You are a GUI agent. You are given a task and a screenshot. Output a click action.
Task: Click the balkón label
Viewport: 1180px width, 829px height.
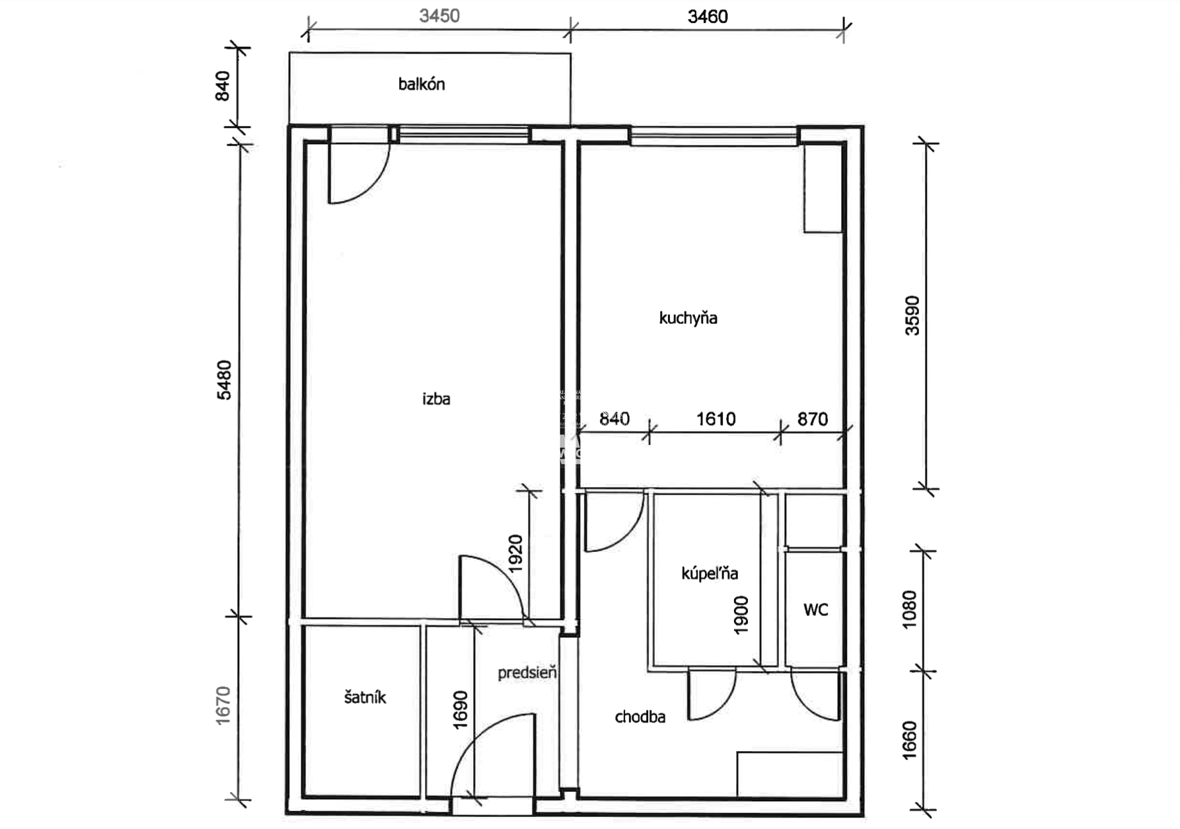[x=422, y=85]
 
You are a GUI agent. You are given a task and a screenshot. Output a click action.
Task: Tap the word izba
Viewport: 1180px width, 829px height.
[x=436, y=399]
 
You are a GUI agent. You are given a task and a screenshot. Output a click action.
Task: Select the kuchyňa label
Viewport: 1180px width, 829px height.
[x=688, y=318]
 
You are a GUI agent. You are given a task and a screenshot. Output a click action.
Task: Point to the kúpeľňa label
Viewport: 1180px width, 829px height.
[x=710, y=573]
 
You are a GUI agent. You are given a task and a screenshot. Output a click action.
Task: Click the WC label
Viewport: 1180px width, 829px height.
[x=815, y=610]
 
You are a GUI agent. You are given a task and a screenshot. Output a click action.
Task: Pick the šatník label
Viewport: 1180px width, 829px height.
[x=365, y=697]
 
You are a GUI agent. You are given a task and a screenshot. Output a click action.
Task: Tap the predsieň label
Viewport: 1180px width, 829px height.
[x=527, y=672]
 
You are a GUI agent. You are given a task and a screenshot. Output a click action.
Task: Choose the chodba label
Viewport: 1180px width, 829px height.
[x=640, y=717]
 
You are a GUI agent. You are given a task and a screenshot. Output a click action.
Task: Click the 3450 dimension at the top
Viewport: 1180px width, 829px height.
[x=439, y=16]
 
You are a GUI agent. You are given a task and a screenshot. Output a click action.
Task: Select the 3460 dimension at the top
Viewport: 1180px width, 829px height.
[x=708, y=17]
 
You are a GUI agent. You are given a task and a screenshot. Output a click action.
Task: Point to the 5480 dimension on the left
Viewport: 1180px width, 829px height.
[x=225, y=380]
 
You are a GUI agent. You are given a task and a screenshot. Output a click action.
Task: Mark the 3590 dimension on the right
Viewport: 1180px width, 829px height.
[x=912, y=316]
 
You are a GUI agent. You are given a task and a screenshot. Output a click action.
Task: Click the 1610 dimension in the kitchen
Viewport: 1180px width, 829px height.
[x=716, y=419]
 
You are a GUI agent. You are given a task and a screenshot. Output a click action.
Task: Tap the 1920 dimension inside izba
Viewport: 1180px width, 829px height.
[x=515, y=553]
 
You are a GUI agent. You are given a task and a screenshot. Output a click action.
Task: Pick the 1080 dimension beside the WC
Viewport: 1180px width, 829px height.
[x=910, y=609]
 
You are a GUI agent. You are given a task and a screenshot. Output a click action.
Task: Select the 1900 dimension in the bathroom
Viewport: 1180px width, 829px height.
[x=741, y=615]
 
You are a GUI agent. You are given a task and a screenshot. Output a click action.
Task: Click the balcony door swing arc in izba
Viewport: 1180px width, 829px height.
[x=374, y=186]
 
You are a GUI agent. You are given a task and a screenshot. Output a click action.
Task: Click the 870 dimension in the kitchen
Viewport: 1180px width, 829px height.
[x=813, y=419]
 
